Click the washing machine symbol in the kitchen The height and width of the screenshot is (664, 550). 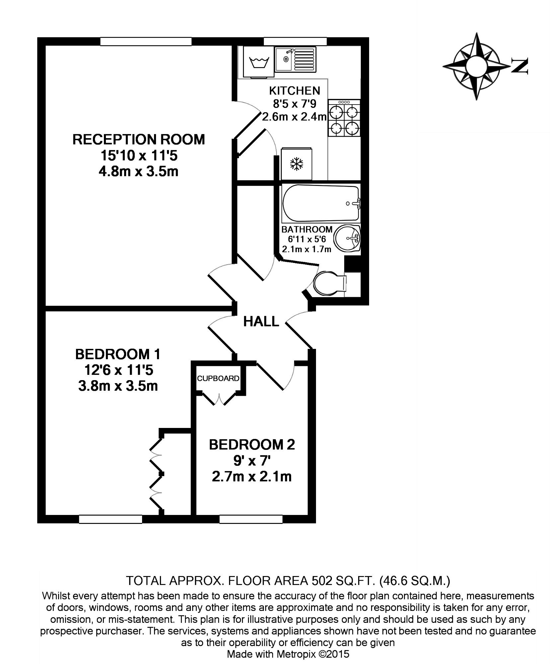259,62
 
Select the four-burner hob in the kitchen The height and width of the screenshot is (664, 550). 344,118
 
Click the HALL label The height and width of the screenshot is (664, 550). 261,321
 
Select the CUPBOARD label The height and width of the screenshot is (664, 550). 218,378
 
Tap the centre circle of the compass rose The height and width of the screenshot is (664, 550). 476,66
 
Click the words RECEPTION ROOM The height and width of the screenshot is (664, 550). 139,139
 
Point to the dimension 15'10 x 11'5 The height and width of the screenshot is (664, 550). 139,155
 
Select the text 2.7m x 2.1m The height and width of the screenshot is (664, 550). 252,477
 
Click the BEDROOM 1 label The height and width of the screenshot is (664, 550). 118,354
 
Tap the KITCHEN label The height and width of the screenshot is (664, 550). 294,90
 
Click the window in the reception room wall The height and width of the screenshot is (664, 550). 146,41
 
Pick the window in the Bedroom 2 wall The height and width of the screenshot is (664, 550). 251,519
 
